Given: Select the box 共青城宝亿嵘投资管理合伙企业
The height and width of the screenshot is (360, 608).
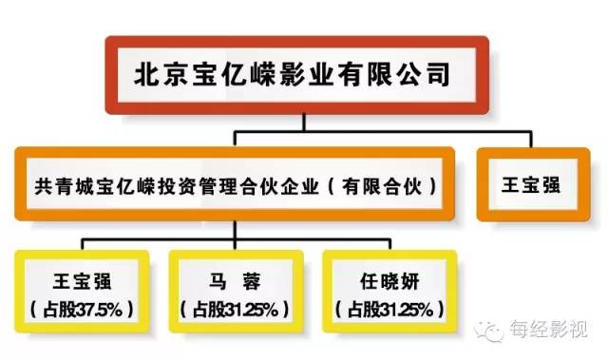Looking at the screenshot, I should point(238,183).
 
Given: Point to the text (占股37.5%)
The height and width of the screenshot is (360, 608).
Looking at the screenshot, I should point(83,309).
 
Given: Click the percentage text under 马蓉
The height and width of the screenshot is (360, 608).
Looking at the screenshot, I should point(237,309).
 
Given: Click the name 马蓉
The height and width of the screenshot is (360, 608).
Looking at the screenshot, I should point(237,280).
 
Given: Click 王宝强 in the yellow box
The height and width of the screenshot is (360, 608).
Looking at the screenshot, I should point(83,280).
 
